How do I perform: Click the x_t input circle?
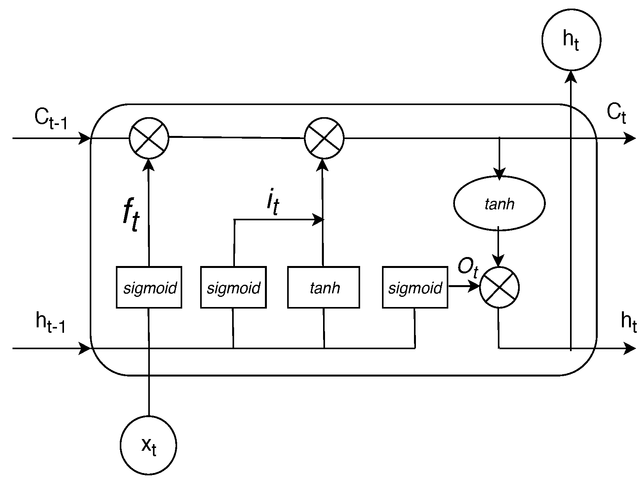tap(149, 445)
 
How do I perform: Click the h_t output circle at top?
tap(571, 40)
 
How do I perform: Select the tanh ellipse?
tap(499, 204)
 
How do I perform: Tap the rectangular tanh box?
tap(323, 287)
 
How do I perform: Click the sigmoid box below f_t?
tap(149, 287)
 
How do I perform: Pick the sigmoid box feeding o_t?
tap(415, 287)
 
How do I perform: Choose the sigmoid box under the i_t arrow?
tap(233, 287)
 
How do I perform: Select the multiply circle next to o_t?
tap(499, 287)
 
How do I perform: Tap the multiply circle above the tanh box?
tap(324, 138)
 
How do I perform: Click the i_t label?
tap(273, 203)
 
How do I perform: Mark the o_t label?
tap(467, 268)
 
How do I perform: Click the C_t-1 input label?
tap(51, 118)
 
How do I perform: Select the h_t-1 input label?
tap(50, 322)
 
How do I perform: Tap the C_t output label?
tap(616, 114)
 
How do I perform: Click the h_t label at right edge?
tap(628, 322)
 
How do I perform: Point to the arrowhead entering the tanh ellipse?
tap(499, 174)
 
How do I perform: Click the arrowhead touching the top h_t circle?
tap(571, 76)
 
